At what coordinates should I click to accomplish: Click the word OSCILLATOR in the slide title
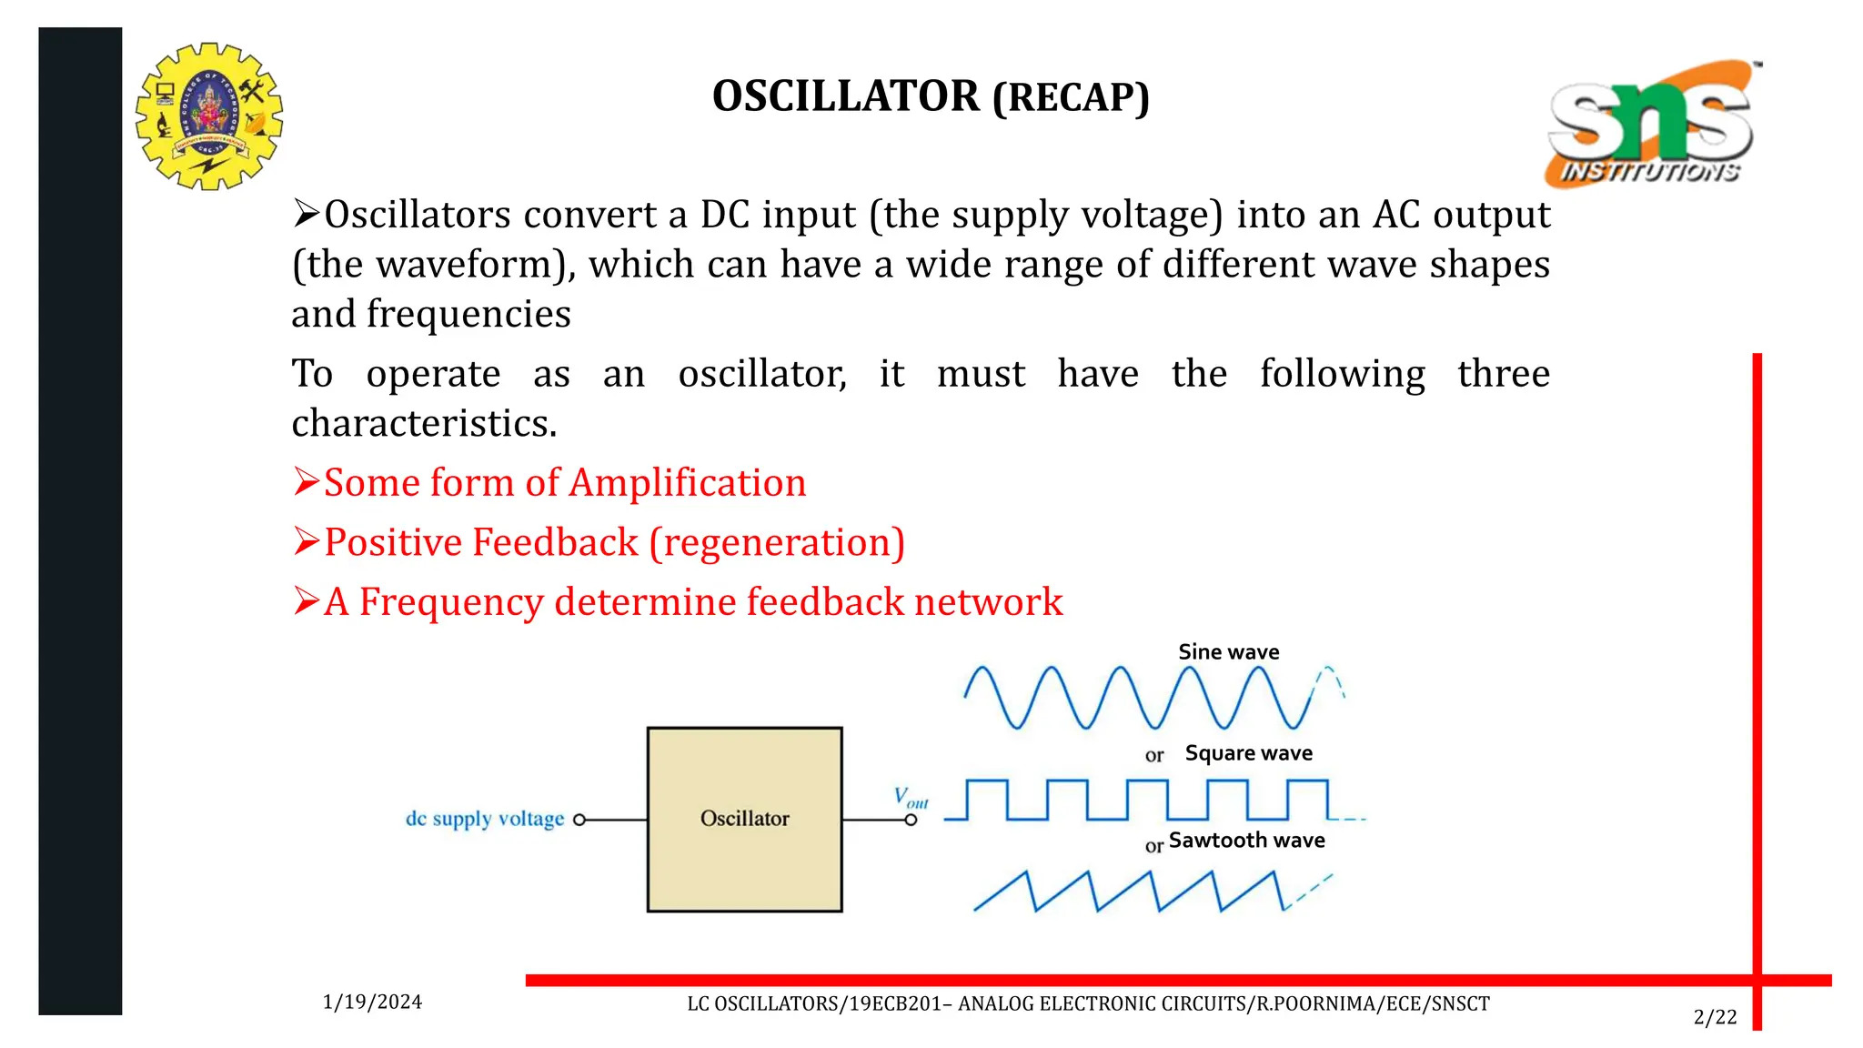click(845, 96)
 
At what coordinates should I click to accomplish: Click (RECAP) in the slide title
click(1071, 98)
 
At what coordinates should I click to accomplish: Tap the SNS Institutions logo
click(1651, 125)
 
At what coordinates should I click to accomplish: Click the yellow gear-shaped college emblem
click(209, 116)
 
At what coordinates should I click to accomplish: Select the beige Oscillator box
click(744, 819)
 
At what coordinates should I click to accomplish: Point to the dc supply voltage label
click(484, 819)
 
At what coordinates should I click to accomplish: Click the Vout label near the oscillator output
click(911, 798)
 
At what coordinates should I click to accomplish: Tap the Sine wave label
click(1228, 652)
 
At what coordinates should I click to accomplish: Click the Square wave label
click(1248, 753)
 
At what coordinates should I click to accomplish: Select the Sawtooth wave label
click(1246, 841)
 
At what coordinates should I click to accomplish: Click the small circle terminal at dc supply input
click(579, 820)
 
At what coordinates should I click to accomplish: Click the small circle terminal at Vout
click(911, 820)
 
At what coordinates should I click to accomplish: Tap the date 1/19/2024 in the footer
click(372, 1003)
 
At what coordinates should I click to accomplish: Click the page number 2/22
click(1715, 1018)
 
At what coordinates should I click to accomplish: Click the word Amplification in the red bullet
click(688, 483)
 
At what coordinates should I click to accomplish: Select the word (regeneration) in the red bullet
click(777, 543)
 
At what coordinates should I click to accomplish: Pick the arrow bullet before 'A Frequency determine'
click(306, 601)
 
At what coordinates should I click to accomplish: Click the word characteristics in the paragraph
click(423, 424)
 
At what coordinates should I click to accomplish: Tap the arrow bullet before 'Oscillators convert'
click(306, 215)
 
